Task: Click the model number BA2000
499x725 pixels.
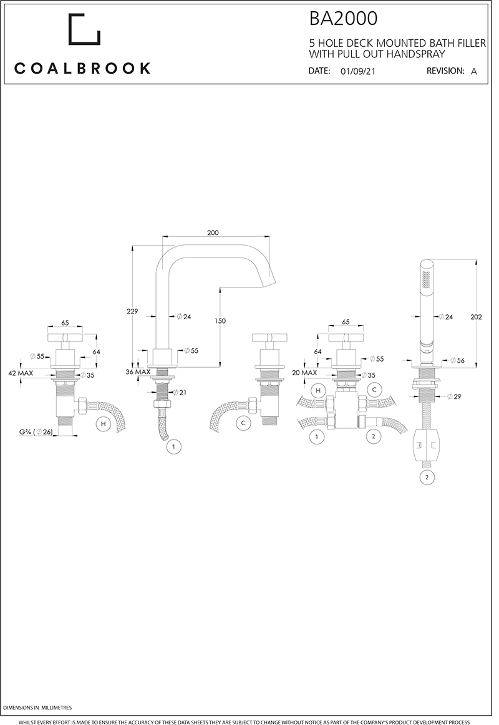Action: pos(343,19)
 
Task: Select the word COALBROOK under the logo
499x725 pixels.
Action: pos(82,69)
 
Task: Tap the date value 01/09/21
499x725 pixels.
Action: pos(358,72)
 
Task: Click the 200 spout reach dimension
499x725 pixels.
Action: pos(213,233)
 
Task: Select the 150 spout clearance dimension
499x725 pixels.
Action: pos(220,320)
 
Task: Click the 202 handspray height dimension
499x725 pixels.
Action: pos(477,317)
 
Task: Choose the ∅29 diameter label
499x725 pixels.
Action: pos(454,396)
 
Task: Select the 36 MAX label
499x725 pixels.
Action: pos(138,372)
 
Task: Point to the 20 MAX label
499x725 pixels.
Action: pos(305,372)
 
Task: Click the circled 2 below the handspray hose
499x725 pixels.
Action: pos(427,478)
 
